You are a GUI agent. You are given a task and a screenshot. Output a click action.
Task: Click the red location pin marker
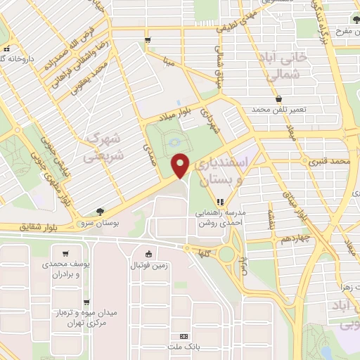click(181, 165)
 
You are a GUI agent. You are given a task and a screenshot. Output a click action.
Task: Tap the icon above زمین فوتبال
click(148, 254)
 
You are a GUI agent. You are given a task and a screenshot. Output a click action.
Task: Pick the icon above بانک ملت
click(184, 337)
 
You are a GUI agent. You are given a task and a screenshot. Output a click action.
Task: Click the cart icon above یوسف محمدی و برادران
click(65, 254)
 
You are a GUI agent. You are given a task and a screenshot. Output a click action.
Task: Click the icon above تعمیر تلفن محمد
click(280, 98)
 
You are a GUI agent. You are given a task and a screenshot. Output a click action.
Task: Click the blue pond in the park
click(174, 145)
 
